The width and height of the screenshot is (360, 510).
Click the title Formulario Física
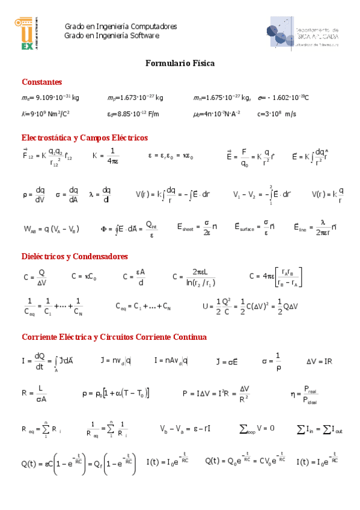coord(180,63)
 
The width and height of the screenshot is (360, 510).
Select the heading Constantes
coord(41,82)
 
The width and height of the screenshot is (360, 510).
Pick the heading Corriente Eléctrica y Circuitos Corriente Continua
coord(114,337)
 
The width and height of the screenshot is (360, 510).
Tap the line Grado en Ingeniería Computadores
coord(120,27)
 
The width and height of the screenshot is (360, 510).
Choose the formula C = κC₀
coord(84,277)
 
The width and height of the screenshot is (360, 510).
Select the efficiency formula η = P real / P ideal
coord(307,394)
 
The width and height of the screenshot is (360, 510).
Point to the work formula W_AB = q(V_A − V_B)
coord(51,229)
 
